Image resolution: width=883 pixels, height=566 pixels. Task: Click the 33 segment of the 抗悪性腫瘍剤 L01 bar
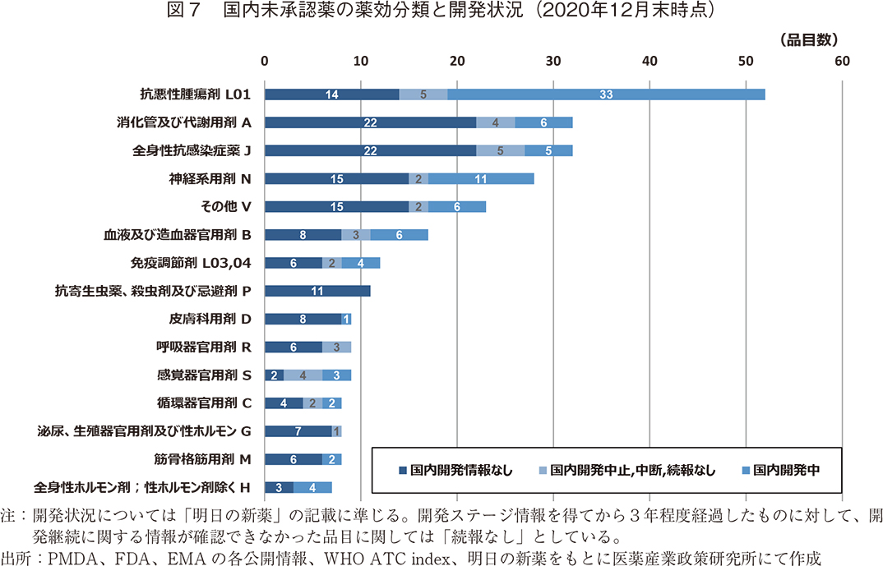click(606, 94)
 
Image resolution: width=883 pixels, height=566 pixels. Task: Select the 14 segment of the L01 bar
click(331, 94)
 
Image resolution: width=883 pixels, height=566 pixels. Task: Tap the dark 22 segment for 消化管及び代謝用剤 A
click(370, 122)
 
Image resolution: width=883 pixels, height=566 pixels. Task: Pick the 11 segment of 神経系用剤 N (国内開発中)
click(481, 178)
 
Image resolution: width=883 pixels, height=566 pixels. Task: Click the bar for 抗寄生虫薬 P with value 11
click(317, 291)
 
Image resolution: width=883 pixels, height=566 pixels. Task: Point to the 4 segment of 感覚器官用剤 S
click(303, 375)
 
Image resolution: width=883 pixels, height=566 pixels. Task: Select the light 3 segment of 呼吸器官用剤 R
click(336, 347)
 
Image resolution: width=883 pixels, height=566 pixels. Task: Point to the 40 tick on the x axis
click(650, 61)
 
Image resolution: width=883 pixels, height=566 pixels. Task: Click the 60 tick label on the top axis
click(842, 61)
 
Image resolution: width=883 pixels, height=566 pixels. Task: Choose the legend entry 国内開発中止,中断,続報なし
click(625, 470)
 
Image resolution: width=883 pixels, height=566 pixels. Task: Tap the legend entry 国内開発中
click(781, 470)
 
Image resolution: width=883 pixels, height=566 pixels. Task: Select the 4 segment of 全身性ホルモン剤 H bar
click(312, 487)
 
